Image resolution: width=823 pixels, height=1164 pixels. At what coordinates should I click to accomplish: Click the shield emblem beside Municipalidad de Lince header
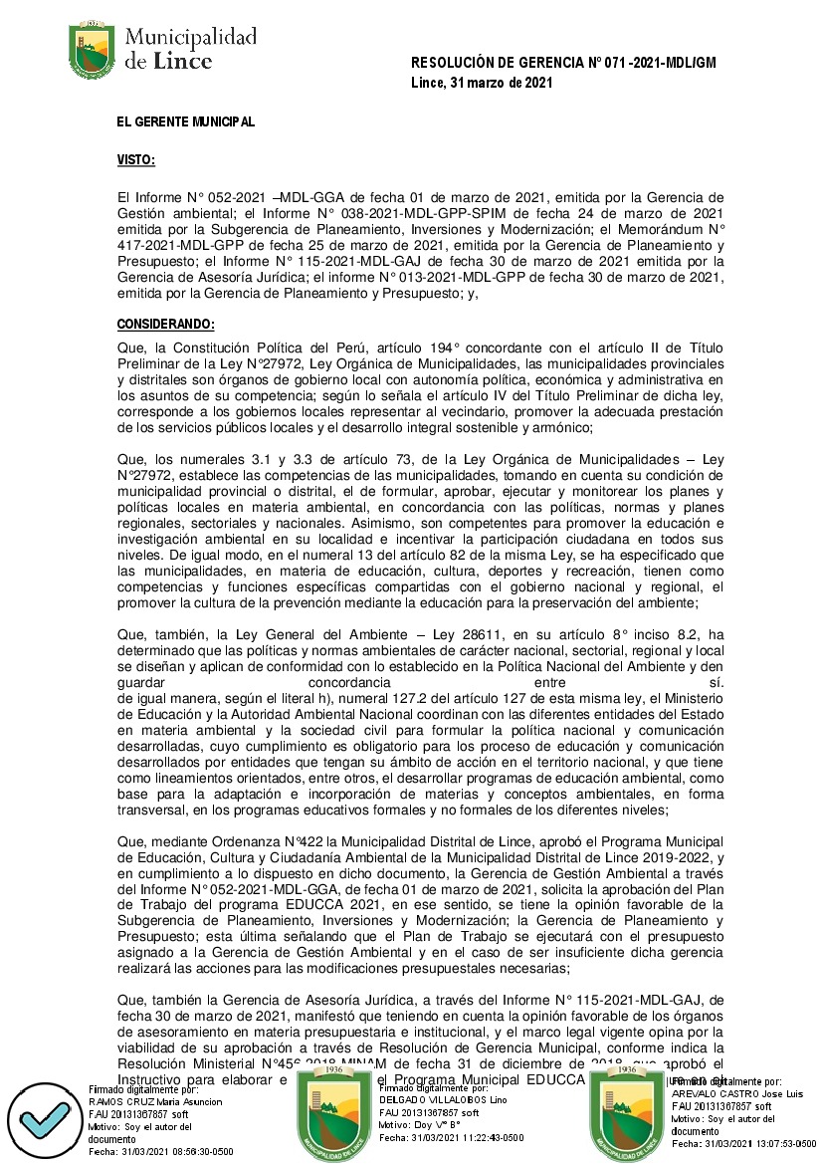(92, 49)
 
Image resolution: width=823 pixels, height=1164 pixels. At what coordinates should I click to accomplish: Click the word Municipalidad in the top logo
(190, 38)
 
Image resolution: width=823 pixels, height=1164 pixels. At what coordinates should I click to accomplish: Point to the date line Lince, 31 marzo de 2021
(482, 83)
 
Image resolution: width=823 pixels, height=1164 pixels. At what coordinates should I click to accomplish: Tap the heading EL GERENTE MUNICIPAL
(185, 121)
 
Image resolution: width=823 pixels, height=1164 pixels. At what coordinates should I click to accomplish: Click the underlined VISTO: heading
(136, 159)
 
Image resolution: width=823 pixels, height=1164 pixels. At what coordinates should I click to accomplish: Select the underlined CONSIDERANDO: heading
(165, 325)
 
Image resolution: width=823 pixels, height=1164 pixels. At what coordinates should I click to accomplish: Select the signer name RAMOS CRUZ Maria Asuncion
(155, 1102)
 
